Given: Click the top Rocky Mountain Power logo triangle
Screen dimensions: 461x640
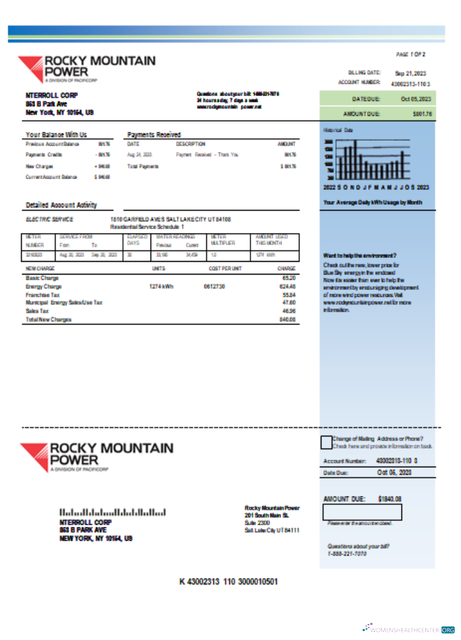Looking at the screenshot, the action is coord(29,67).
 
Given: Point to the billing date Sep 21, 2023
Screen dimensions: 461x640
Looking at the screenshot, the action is coord(410,73).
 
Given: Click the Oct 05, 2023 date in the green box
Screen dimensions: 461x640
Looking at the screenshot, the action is coord(416,99).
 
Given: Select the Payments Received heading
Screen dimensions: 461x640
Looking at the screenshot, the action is coord(154,134).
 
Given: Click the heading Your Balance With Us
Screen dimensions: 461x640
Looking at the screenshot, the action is coord(56,134).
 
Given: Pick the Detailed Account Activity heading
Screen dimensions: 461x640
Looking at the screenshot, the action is coord(61,205).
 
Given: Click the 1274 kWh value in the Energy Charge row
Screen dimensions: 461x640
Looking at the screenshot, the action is coord(161,287).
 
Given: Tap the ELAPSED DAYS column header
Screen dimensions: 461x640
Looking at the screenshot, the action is coord(134,239).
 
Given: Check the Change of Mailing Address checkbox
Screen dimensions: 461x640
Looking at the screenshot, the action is coord(326,442).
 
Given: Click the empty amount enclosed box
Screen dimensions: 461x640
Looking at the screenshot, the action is coord(362,512).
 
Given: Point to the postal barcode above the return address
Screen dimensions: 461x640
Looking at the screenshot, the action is coord(113,513).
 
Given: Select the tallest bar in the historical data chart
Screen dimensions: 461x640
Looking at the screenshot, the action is coord(352,160).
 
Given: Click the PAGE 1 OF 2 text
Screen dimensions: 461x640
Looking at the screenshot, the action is coord(411,54).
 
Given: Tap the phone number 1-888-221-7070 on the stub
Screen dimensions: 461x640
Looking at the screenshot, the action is coord(347,553).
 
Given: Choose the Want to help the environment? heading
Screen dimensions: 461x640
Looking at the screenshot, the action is coord(360,255).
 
